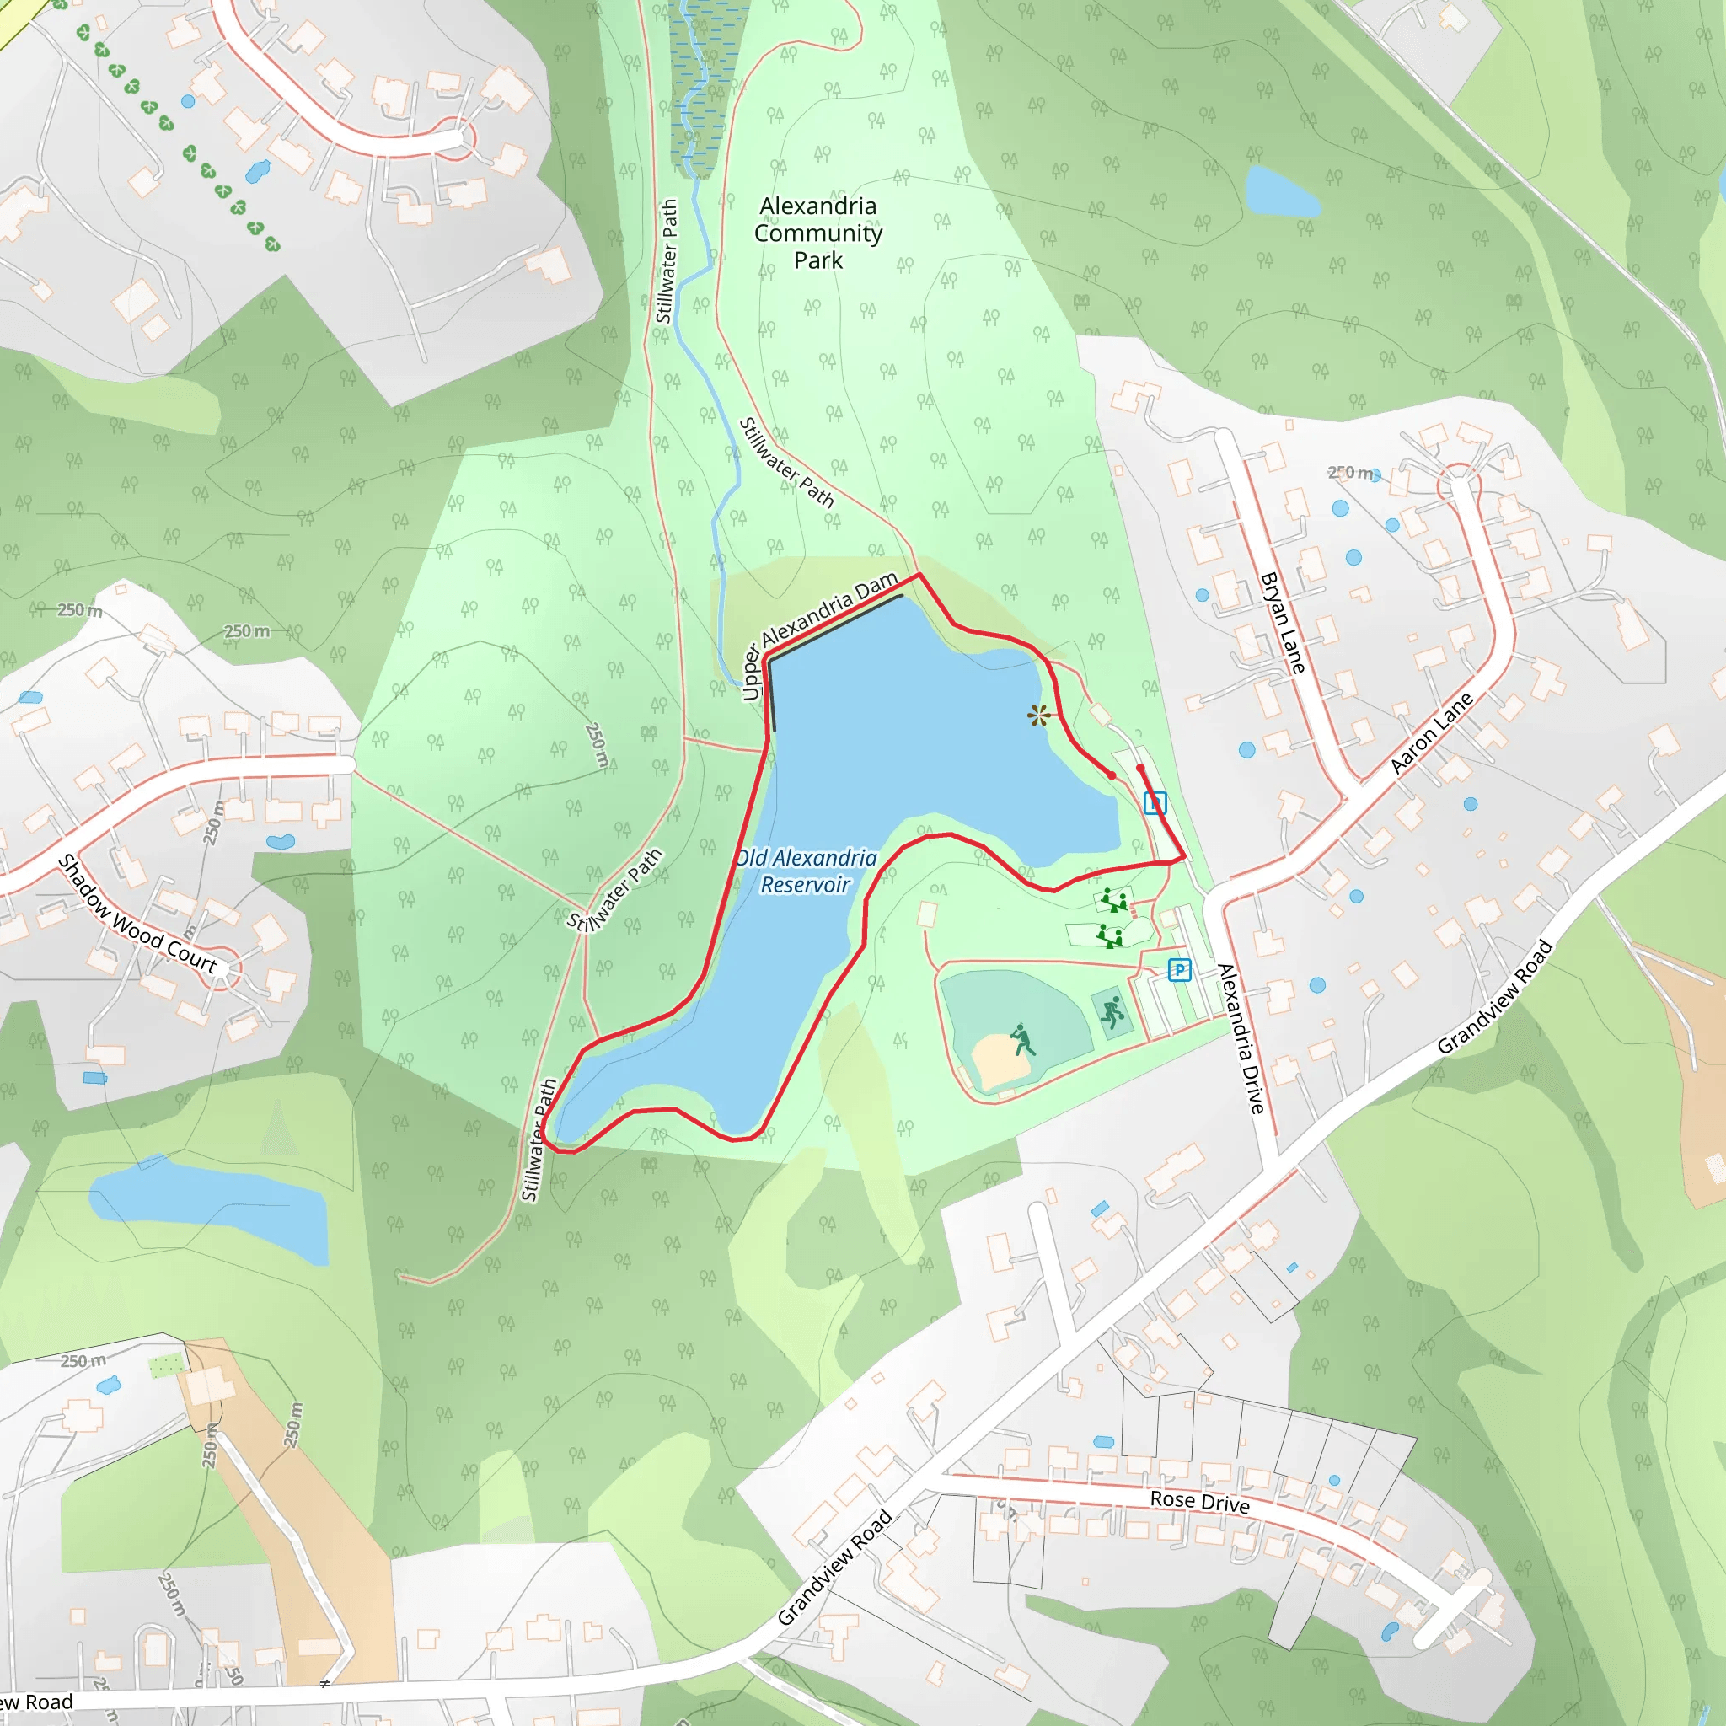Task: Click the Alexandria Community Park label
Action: coord(817,233)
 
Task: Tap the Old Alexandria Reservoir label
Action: coord(805,871)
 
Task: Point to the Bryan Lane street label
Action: coord(1283,623)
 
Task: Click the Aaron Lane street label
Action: coord(1431,733)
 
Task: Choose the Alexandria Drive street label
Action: coord(1241,1038)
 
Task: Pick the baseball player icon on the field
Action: coord(1022,1040)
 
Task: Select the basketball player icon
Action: coord(1112,1013)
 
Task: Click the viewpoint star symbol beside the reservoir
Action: coord(1037,715)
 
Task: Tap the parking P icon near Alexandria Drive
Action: coord(1179,969)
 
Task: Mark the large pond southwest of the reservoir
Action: coord(210,1206)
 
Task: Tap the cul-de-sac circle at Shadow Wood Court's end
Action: coord(221,970)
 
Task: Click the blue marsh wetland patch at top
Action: coord(705,80)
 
